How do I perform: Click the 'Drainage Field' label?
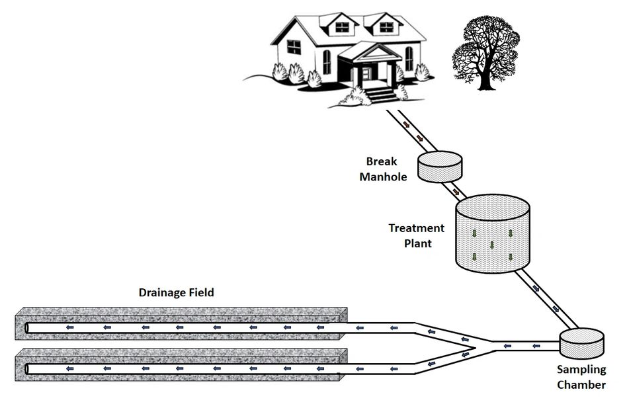pyautogui.click(x=176, y=292)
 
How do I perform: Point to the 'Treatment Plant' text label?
pyautogui.click(x=416, y=235)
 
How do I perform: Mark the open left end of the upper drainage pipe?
pyautogui.click(x=27, y=328)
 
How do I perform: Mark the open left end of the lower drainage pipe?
pyautogui.click(x=27, y=368)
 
